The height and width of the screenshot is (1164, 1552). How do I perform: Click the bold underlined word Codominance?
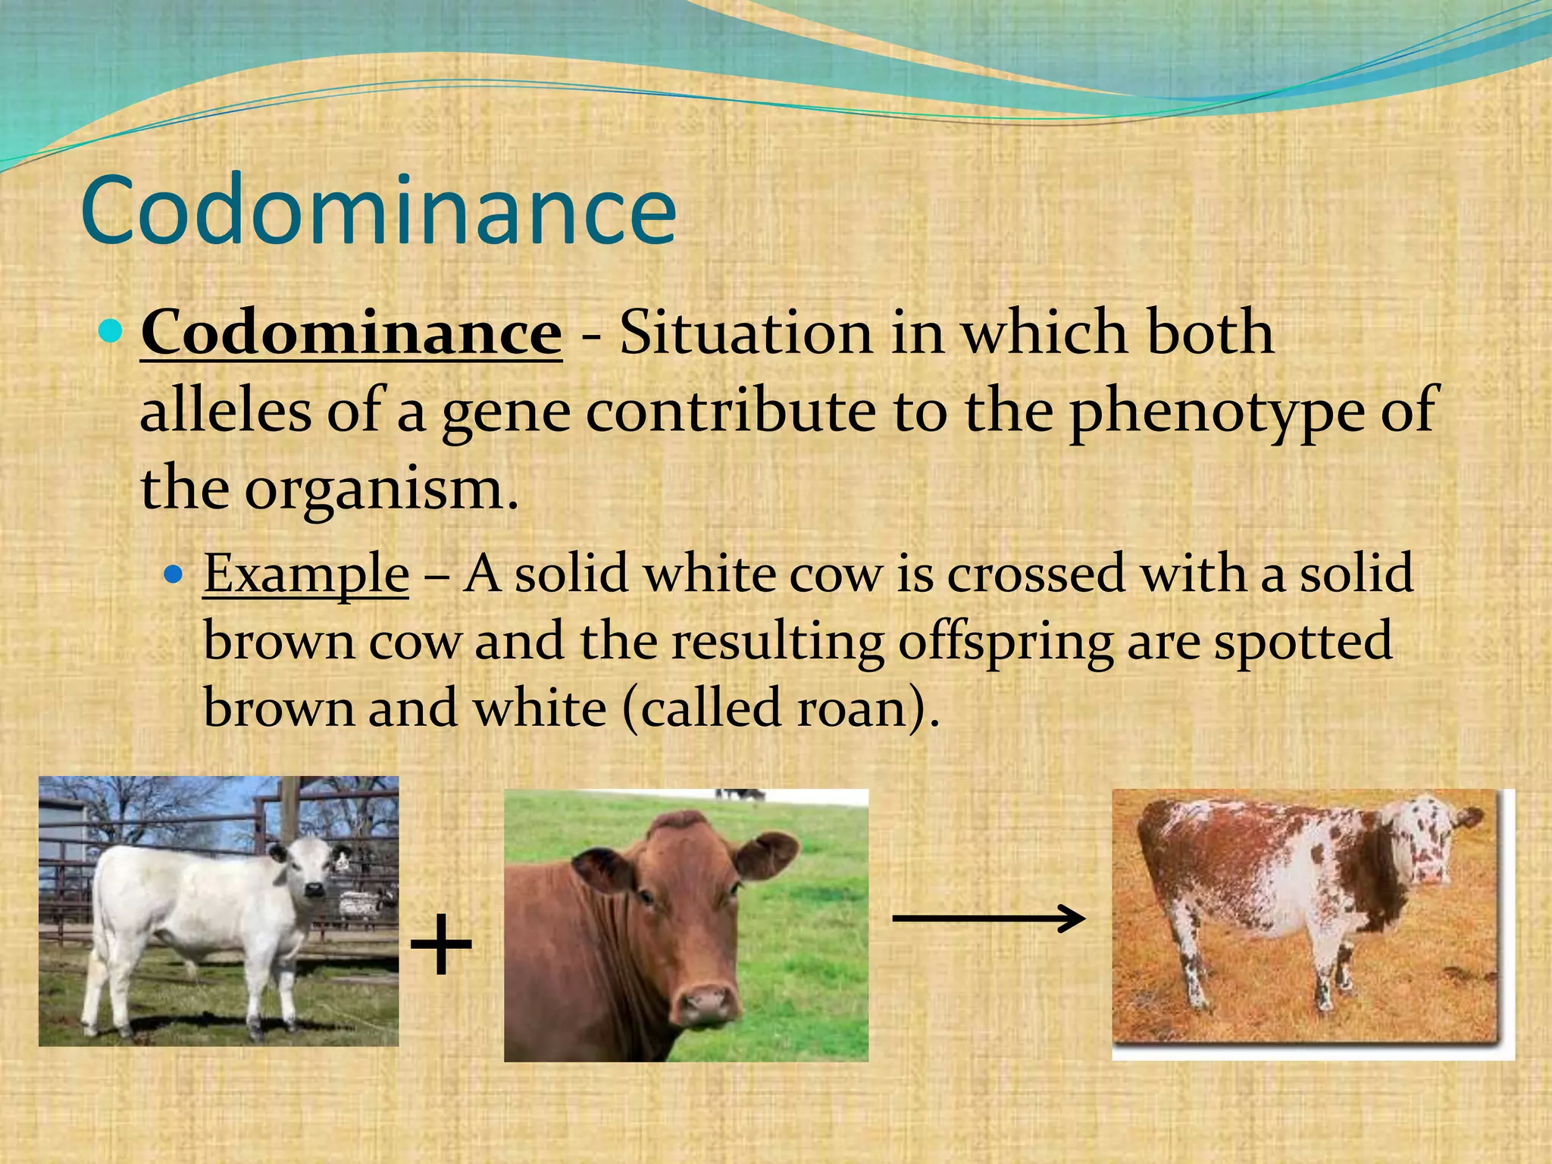tap(351, 333)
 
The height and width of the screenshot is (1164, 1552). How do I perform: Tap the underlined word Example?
tap(306, 574)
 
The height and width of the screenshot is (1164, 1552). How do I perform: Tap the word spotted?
tap(1303, 642)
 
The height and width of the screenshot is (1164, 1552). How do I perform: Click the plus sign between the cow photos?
tap(441, 945)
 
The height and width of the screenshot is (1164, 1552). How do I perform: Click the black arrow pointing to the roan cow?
tap(989, 918)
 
